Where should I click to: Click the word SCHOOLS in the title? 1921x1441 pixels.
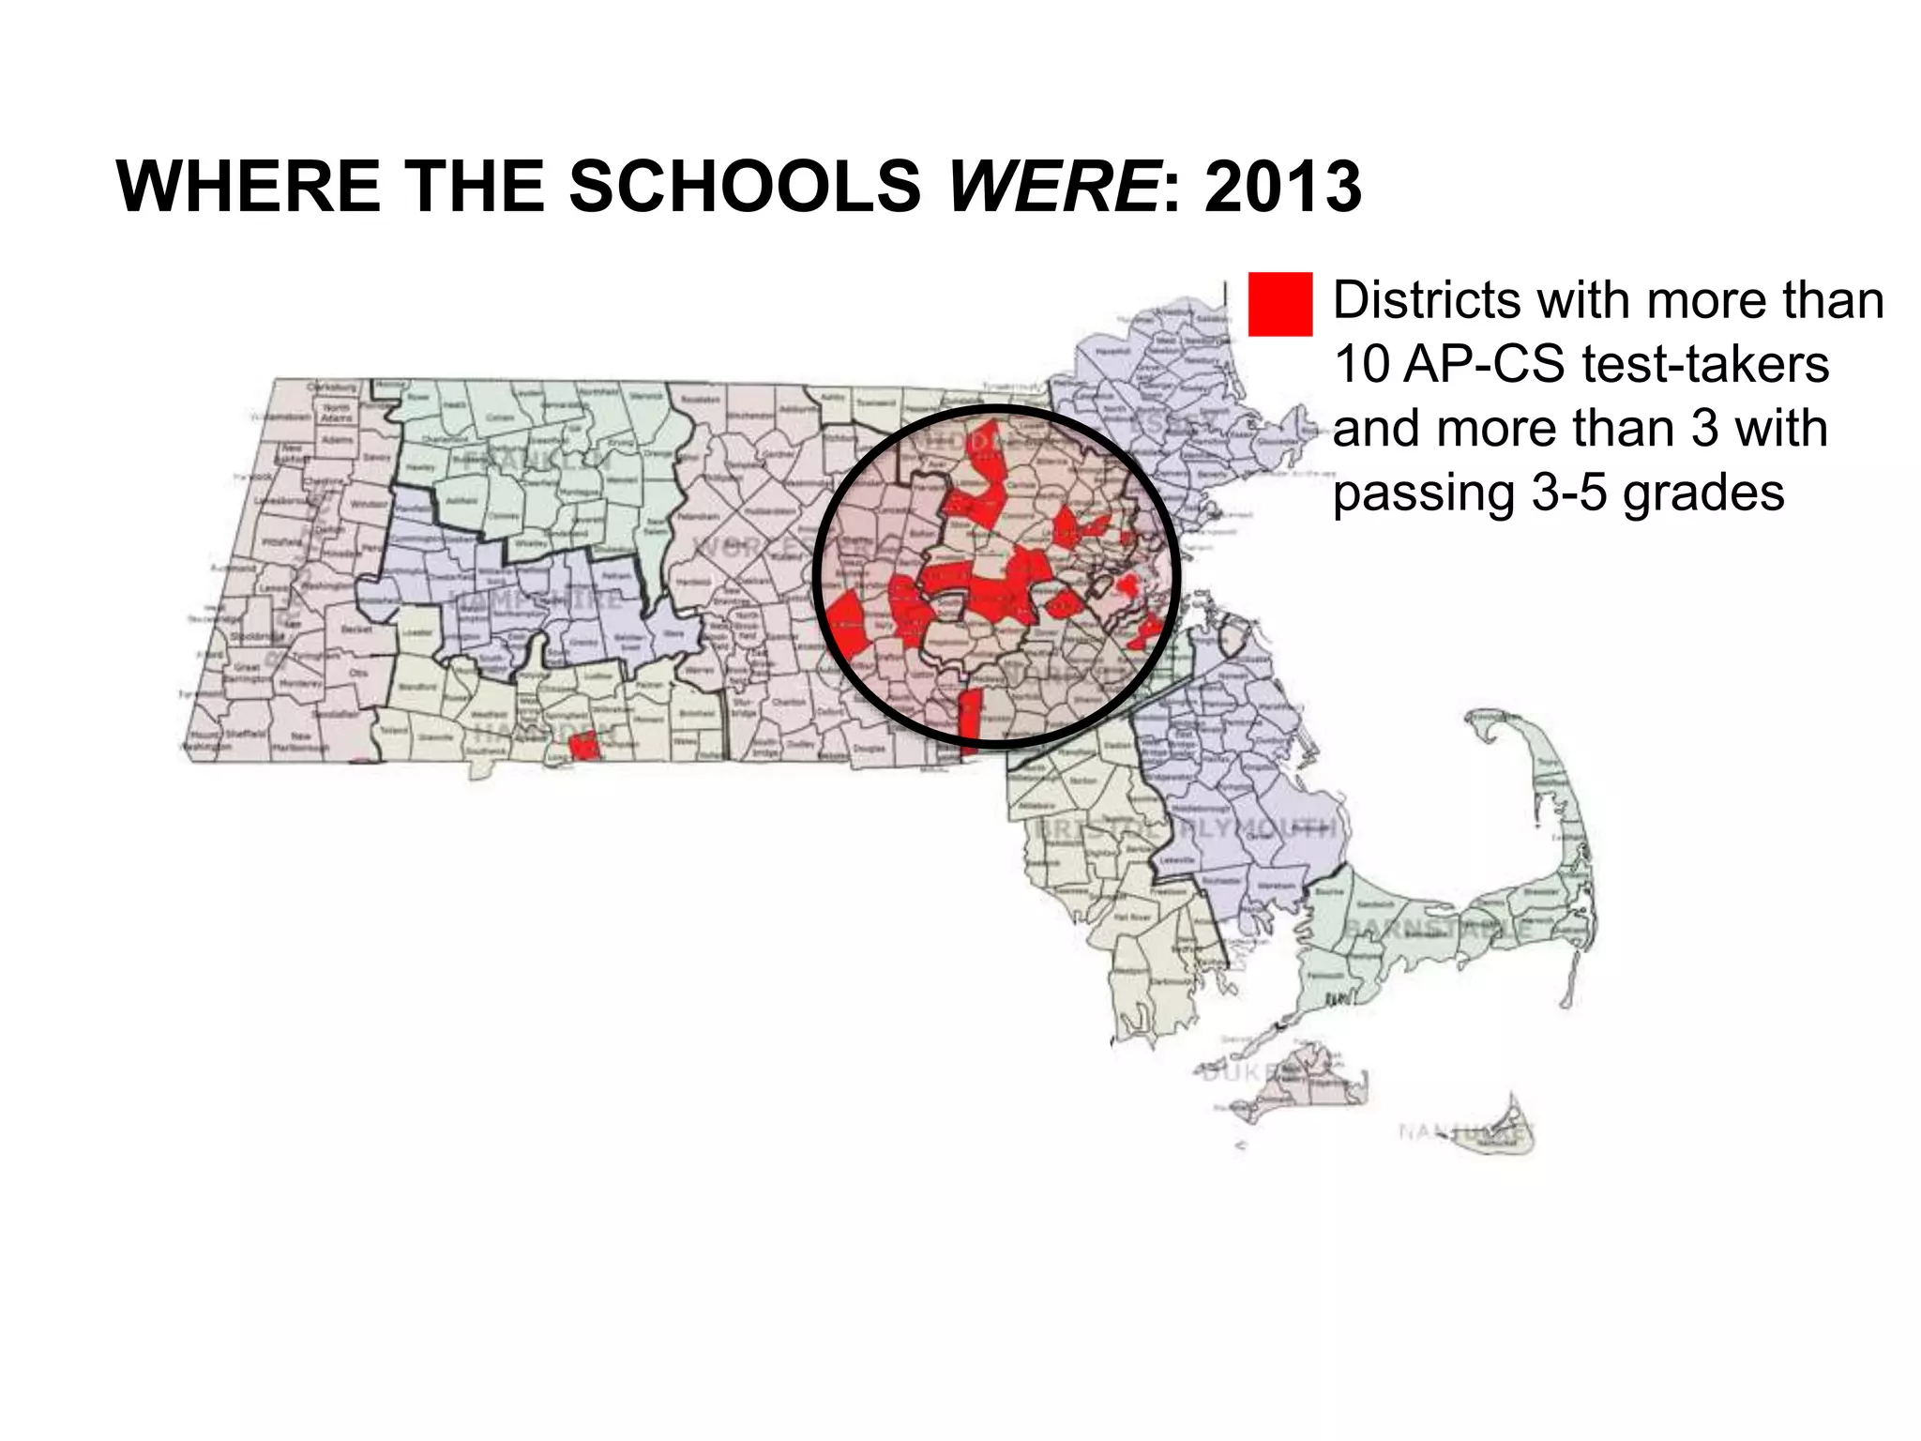coord(745,186)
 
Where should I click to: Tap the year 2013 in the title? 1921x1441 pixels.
coord(1282,186)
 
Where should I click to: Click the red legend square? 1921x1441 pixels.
coord(1279,304)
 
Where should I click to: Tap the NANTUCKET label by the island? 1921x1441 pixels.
coord(1463,1131)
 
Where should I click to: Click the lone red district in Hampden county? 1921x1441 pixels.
coord(583,746)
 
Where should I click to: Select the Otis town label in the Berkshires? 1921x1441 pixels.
coord(358,673)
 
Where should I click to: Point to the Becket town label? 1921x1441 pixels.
coord(357,629)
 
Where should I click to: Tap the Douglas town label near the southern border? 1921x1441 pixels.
coord(870,749)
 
